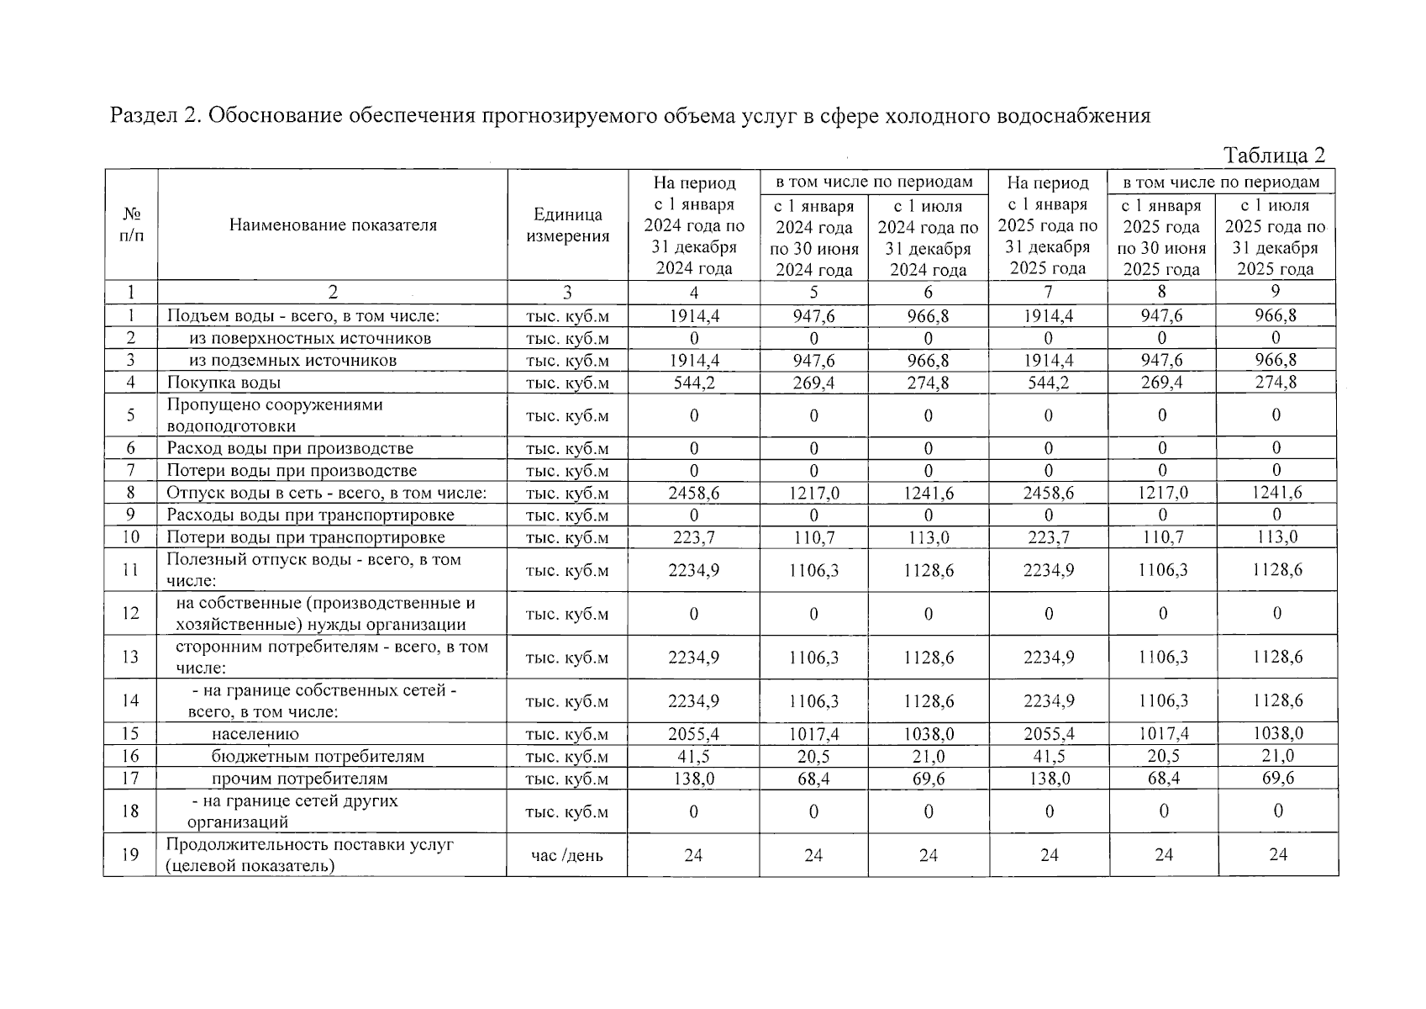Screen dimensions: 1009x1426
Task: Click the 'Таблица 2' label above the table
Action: pos(1274,156)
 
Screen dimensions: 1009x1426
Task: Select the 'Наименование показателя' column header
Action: pos(333,225)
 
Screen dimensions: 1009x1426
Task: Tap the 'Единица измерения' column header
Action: pos(567,225)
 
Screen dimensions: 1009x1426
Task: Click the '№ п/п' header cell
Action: pos(131,225)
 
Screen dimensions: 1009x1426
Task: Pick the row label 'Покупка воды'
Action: pos(224,383)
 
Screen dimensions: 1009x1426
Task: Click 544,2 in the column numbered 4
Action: pos(693,383)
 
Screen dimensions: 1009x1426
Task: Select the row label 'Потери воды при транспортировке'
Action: pos(306,537)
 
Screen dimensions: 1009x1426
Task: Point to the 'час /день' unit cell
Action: pos(567,855)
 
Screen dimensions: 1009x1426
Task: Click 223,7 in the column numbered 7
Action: pos(1048,537)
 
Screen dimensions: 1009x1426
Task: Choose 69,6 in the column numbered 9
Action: pos(1277,779)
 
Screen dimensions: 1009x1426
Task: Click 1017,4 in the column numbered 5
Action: pos(813,734)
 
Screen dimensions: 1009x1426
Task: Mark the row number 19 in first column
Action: pos(130,855)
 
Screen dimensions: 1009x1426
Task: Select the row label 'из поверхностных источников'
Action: pos(310,339)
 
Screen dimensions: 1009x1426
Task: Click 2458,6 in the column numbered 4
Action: pos(693,494)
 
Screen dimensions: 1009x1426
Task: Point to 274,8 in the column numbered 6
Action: pos(928,383)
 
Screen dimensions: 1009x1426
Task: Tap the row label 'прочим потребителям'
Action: pos(299,779)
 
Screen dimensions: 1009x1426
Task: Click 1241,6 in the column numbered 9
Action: pos(1277,494)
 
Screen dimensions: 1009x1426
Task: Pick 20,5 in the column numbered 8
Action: pos(1163,757)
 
